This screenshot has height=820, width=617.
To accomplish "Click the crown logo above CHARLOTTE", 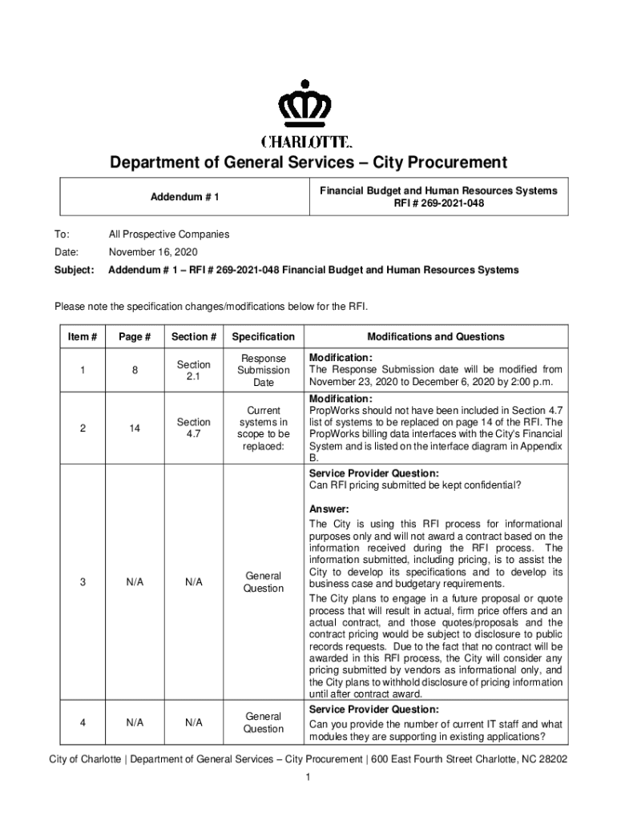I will [308, 106].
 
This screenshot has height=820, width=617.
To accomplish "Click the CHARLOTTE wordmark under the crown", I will [308, 143].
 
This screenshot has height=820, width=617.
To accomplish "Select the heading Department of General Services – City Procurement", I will [308, 163].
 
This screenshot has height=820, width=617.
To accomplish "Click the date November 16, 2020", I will [153, 252].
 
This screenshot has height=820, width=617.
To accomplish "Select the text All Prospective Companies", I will [169, 235].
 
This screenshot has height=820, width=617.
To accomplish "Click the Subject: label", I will [74, 270].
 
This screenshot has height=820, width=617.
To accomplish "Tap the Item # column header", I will [83, 336].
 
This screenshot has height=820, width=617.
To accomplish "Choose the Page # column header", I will [135, 336].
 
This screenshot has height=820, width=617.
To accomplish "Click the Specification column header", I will [264, 336].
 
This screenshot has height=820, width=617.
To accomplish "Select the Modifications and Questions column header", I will [436, 336].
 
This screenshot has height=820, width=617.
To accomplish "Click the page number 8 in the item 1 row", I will [135, 371].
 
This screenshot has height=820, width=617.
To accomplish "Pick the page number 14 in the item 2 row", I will [135, 428].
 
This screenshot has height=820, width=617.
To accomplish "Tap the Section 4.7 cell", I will [193, 428].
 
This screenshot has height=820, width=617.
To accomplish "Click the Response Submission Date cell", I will [264, 371].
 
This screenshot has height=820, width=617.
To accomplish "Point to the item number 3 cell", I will [83, 582].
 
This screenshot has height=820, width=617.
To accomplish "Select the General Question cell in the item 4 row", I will [264, 722].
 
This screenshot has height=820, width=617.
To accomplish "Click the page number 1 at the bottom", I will [308, 778].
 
